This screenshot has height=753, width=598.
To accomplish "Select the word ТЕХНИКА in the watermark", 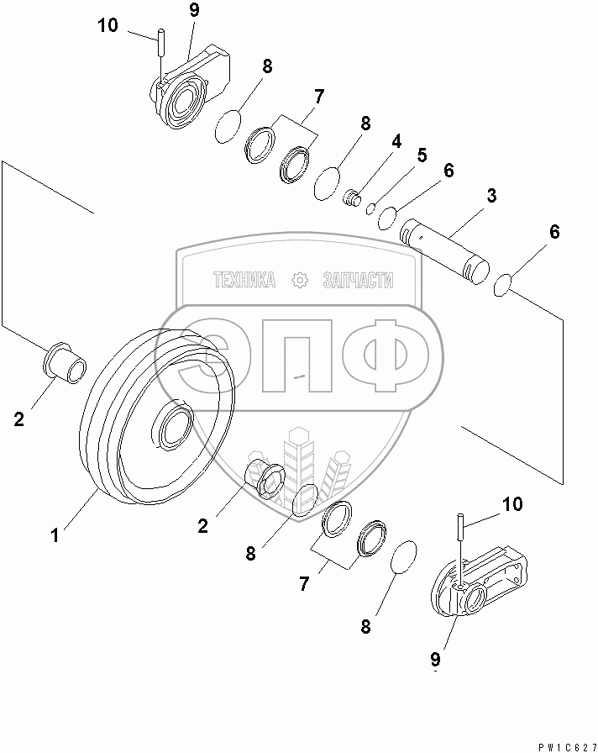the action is click(244, 281).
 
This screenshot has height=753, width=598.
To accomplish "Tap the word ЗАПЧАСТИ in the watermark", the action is click(358, 281).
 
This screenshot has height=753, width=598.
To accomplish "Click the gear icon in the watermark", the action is click(299, 281).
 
